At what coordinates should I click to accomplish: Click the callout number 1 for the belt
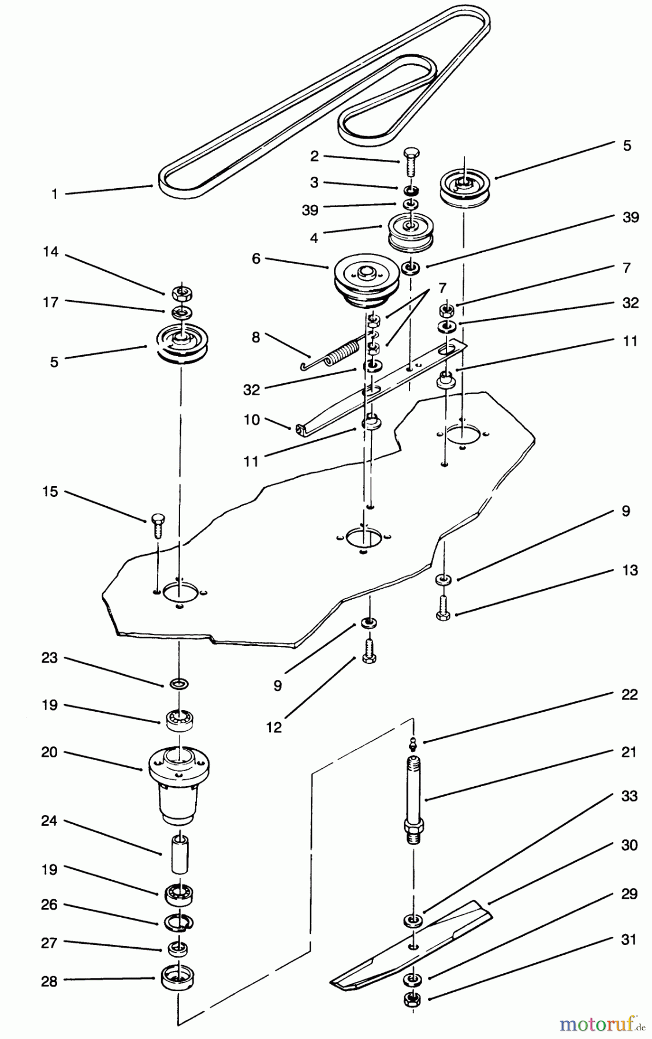coord(55,194)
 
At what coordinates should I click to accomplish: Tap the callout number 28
coord(49,981)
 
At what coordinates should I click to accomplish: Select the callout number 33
coord(629,796)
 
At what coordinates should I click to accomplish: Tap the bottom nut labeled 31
coord(412,1000)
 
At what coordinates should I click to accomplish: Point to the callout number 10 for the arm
coord(252,420)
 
